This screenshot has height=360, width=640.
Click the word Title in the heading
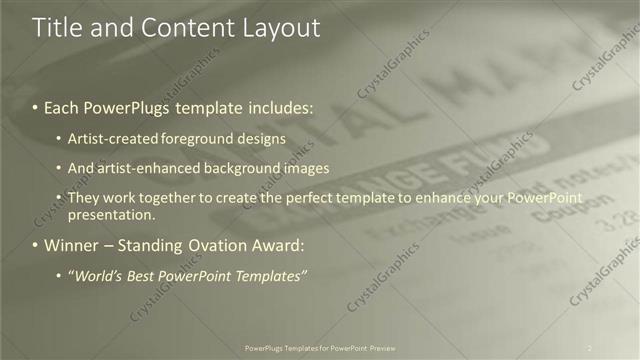(57, 30)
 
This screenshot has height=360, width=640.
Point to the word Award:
(279, 245)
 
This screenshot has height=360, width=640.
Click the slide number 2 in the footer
(589, 348)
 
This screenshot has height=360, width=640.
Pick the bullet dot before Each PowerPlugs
(37, 106)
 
